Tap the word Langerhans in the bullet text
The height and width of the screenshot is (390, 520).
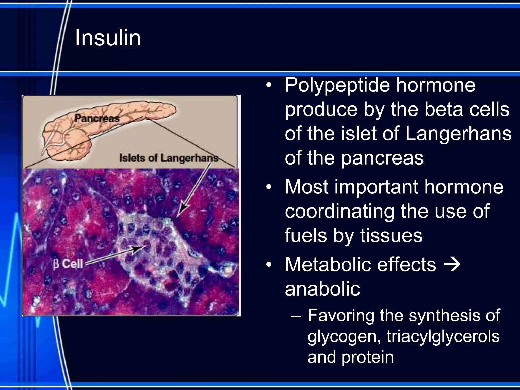(458, 134)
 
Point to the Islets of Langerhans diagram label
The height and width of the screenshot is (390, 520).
(169, 158)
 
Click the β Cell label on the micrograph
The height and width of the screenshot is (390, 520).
(68, 264)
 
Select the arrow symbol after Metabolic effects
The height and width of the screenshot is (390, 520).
(452, 264)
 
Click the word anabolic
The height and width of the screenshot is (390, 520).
(322, 289)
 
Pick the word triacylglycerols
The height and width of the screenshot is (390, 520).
(443, 336)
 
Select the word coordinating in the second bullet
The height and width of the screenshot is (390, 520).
(339, 211)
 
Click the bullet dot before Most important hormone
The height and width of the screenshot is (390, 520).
(269, 188)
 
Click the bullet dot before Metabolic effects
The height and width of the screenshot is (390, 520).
(269, 265)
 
